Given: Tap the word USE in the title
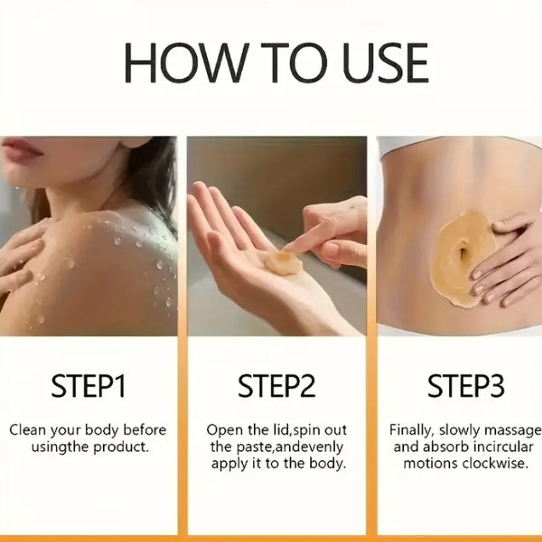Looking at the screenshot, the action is (x=386, y=63).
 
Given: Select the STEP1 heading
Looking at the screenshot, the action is (x=88, y=386).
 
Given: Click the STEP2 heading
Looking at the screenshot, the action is (x=276, y=386).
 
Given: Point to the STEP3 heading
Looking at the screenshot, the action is (x=465, y=386).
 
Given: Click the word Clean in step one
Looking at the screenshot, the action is (x=27, y=430).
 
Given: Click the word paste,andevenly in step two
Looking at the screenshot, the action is (x=290, y=447).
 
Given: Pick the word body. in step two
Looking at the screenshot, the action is (x=327, y=464).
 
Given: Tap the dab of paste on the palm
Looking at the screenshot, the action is (x=283, y=263).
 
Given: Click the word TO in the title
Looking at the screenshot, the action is (x=294, y=63).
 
